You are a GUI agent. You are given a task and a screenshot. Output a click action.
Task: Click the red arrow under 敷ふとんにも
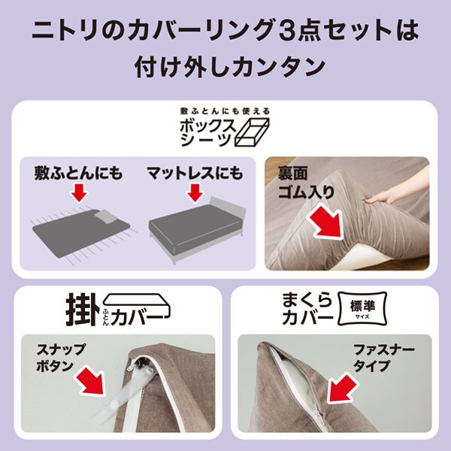79,193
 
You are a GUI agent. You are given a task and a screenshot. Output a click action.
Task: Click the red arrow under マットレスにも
195,193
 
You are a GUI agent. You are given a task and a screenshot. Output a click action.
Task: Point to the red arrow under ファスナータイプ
343,387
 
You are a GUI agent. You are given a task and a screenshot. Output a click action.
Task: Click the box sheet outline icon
253,133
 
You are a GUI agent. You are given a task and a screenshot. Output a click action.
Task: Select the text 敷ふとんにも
78,173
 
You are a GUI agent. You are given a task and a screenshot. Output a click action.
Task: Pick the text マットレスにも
195,173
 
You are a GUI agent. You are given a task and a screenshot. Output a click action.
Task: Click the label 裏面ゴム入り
306,183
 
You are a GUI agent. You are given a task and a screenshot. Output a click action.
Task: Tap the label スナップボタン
61,358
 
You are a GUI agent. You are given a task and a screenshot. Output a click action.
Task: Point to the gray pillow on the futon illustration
106,216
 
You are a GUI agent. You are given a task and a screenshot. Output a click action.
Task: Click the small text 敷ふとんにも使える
225,111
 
